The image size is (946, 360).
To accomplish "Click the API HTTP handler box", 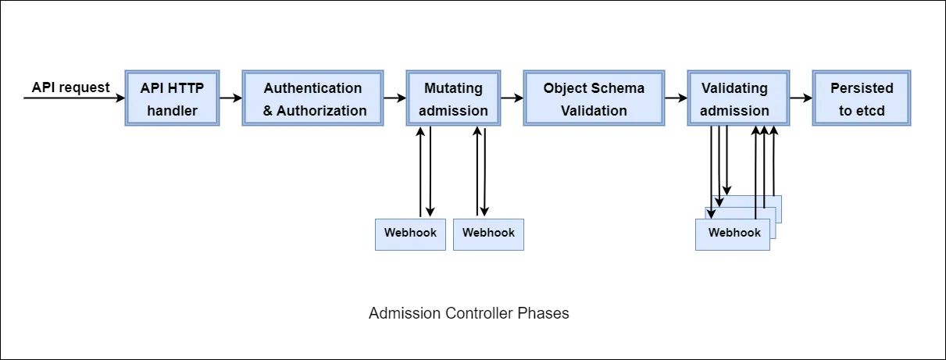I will tap(172, 98).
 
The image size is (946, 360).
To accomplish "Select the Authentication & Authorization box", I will tap(312, 98).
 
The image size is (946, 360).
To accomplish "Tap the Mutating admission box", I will tap(453, 98).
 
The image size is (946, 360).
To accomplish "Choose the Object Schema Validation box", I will tap(594, 98).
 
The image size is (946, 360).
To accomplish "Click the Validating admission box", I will tap(734, 98).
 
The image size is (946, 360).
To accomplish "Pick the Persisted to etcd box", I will tap(862, 98).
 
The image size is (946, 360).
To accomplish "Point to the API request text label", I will tap(71, 87).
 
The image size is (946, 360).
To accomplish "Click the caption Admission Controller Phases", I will tap(469, 314).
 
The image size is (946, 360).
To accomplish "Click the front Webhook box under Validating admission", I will tap(733, 233).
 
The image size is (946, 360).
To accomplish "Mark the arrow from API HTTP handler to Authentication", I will tap(230, 98).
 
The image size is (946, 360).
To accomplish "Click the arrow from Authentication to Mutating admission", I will tap(394, 98).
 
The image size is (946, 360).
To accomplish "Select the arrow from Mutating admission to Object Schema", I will tap(512, 98).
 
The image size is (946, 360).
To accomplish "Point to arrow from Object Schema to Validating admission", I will tap(676, 98).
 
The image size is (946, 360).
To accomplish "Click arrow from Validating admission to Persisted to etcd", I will tap(801, 98).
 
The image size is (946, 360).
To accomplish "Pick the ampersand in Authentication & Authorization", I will tap(268, 110).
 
